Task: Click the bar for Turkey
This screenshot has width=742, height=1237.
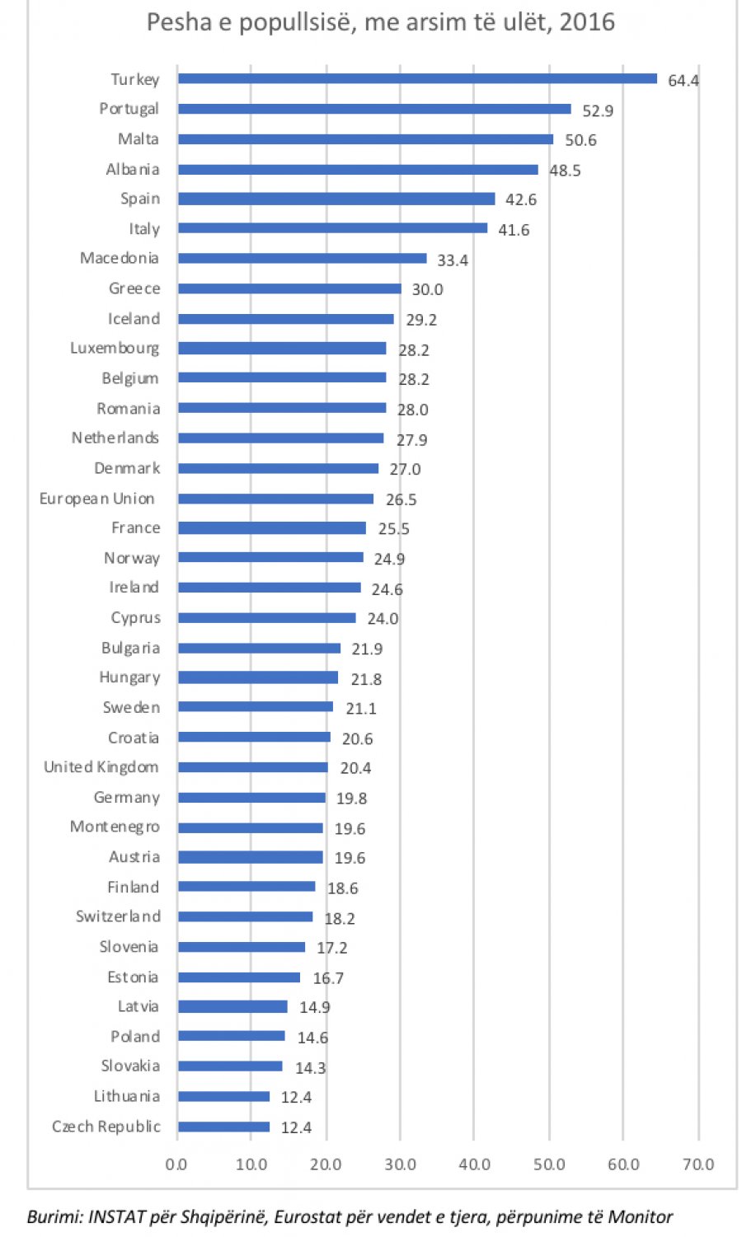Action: pyautogui.click(x=417, y=79)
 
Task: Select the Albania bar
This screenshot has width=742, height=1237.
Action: pyautogui.click(x=358, y=170)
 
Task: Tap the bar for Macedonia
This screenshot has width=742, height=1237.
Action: pyautogui.click(x=302, y=259)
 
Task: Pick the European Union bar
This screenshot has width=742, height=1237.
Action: pyautogui.click(x=275, y=499)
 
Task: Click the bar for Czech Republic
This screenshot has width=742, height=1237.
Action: pyautogui.click(x=223, y=1127)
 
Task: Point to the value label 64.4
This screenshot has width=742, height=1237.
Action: pyautogui.click(x=683, y=81)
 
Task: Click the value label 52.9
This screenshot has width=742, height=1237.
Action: pyautogui.click(x=598, y=110)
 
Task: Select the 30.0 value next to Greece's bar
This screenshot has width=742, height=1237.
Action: pyautogui.click(x=427, y=289)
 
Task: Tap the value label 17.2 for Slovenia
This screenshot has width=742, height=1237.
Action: pyautogui.click(x=332, y=948)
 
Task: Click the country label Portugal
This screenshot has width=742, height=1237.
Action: pyautogui.click(x=129, y=109)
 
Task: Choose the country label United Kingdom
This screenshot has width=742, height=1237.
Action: pyautogui.click(x=101, y=767)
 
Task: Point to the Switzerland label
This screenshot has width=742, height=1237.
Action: pyautogui.click(x=118, y=916)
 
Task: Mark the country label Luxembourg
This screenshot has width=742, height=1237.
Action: pyautogui.click(x=114, y=349)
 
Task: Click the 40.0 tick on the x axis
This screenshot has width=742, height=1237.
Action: pyautogui.click(x=474, y=1164)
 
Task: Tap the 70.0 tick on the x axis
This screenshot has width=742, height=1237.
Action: pyautogui.click(x=697, y=1164)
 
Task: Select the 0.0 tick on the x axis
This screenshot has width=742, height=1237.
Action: pyautogui.click(x=176, y=1164)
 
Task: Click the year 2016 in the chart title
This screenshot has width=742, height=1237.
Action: pyautogui.click(x=586, y=21)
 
